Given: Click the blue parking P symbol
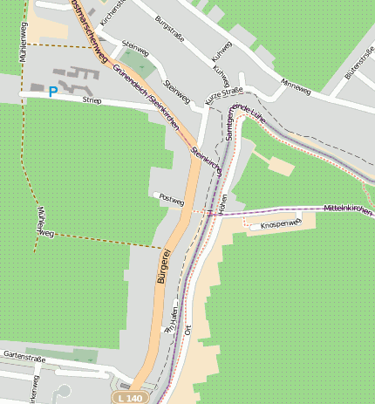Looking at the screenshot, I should (53, 91).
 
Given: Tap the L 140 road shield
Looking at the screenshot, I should (127, 398).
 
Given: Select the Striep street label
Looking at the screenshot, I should (92, 100).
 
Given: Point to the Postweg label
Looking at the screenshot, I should (173, 200).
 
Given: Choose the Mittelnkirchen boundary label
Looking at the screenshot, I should (347, 210).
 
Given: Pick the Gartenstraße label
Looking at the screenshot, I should (24, 355).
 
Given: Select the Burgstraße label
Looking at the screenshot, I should (171, 30).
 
